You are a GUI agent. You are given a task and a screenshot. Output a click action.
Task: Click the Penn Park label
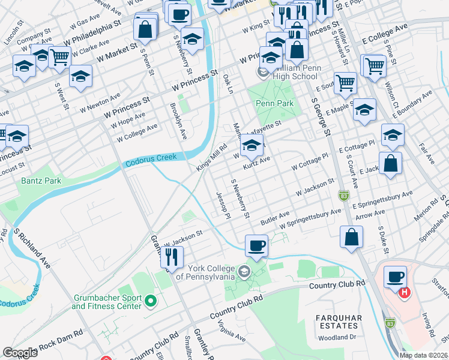(275, 103)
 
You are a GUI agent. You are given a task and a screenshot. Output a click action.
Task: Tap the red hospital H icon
(405, 293)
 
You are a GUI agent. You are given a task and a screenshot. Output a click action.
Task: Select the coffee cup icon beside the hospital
(396, 277)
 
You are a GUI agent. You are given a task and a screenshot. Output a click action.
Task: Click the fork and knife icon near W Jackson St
(172, 257)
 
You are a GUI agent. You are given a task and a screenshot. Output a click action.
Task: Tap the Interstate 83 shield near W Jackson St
(343, 195)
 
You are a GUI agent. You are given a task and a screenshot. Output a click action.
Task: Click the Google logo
(20, 352)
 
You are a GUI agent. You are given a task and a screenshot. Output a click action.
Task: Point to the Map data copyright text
(423, 355)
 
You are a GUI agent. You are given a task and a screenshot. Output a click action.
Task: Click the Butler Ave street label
(274, 217)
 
